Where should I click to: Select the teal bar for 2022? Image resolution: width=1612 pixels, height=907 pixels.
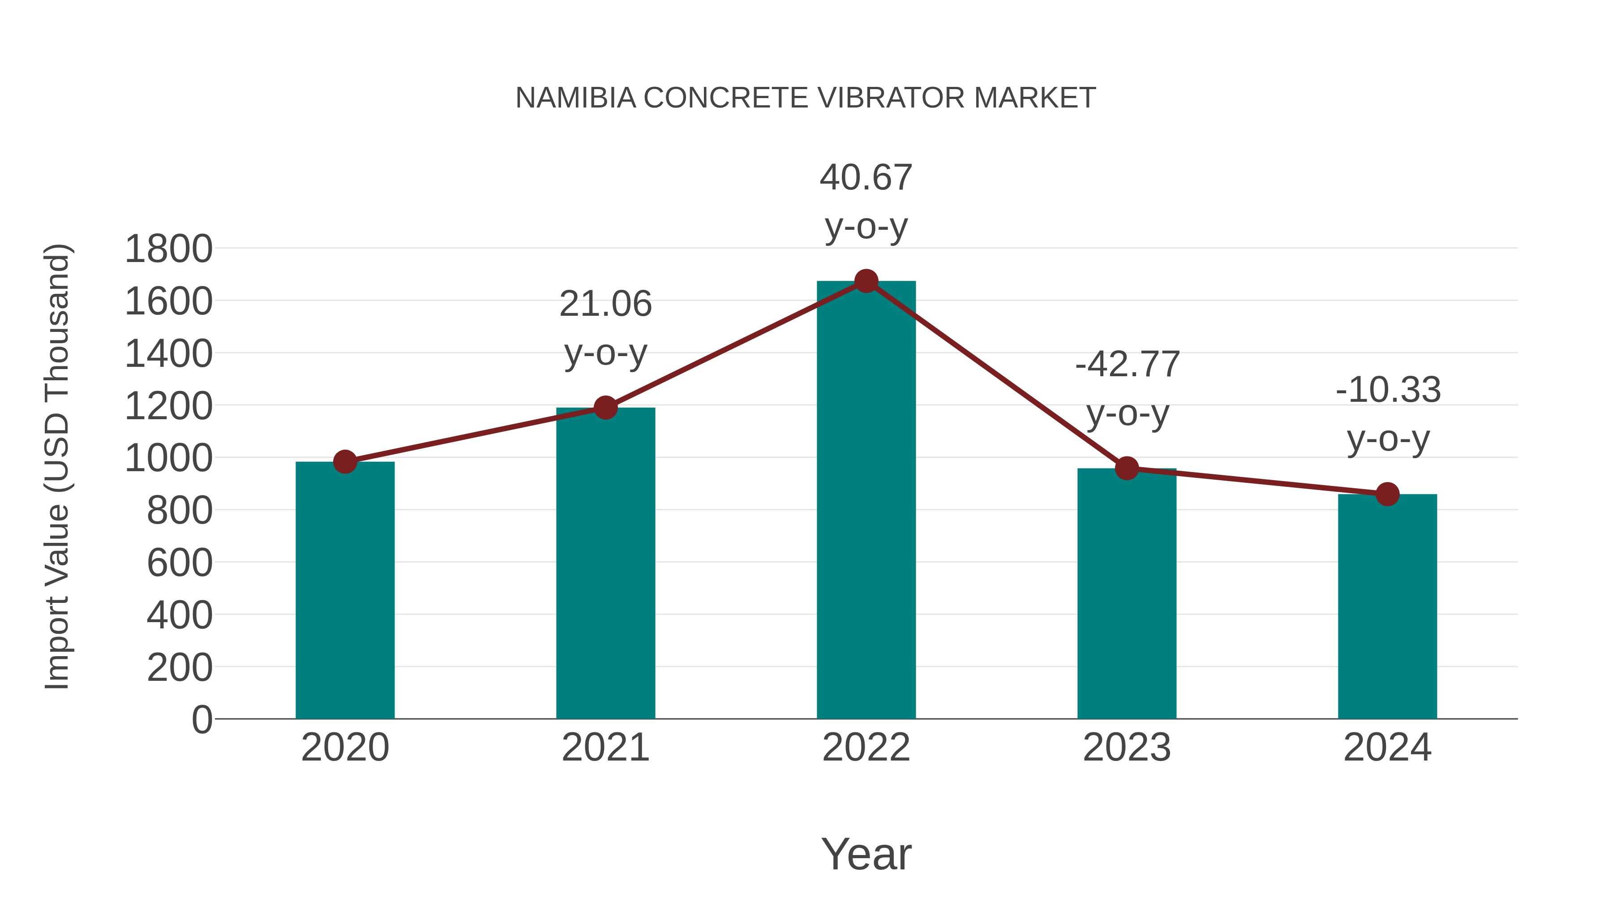[x=866, y=501]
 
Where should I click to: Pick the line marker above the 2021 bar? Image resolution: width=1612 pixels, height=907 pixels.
[x=605, y=408]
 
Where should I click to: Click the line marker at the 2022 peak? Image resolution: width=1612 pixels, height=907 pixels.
[x=866, y=281]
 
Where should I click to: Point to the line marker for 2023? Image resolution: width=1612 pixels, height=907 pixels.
[x=1127, y=468]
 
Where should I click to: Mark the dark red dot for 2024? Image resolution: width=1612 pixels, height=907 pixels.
[x=1387, y=494]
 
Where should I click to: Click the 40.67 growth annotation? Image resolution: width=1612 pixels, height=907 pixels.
[x=866, y=178]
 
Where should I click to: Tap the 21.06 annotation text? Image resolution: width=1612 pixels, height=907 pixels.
[x=605, y=304]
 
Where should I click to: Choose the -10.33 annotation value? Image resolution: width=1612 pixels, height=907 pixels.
[x=1388, y=390]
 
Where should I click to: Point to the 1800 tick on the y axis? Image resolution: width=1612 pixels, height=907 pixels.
[x=168, y=249]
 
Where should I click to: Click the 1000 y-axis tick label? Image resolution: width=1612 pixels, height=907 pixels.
[x=168, y=458]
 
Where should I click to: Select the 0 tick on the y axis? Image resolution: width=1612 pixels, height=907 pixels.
[x=201, y=719]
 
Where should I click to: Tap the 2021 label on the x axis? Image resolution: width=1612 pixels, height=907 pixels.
[x=605, y=748]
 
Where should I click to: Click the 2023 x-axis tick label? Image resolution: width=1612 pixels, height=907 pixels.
[x=1127, y=748]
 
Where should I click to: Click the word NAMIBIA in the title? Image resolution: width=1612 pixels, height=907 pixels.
[x=576, y=98]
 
